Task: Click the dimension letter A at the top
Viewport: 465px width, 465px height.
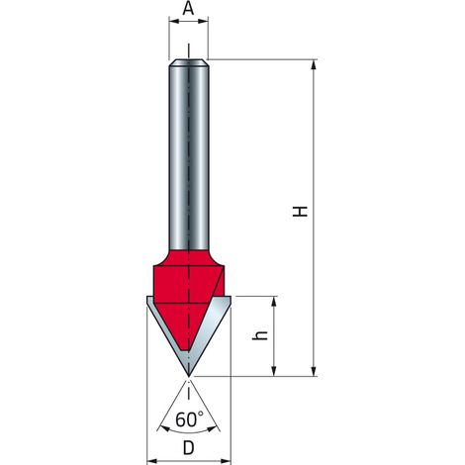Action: pyautogui.click(x=188, y=8)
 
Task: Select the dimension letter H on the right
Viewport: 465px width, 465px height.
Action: pyautogui.click(x=300, y=211)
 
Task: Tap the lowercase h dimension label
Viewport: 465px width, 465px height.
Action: pyautogui.click(x=260, y=335)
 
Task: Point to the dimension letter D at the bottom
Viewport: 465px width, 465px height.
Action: pyautogui.click(x=188, y=448)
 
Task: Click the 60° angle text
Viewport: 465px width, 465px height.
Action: pyautogui.click(x=189, y=419)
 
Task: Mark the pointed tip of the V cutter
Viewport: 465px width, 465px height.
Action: pyautogui.click(x=188, y=376)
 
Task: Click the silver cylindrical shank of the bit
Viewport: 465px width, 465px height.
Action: pyautogui.click(x=188, y=155)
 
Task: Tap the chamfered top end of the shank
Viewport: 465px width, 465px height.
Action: pyautogui.click(x=188, y=62)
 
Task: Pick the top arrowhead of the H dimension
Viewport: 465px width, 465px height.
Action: pyautogui.click(x=314, y=64)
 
